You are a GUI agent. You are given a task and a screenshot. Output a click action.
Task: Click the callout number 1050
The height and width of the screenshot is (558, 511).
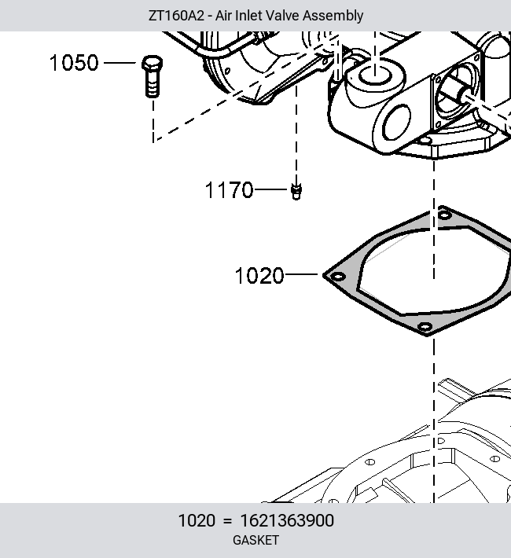pos(74,63)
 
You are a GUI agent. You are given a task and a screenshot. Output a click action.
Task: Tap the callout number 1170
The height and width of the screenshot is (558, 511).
pos(230,189)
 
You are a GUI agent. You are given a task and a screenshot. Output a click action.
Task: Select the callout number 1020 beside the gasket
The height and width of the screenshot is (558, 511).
pos(259,276)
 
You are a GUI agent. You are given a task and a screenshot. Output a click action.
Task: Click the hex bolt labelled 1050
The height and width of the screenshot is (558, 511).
pos(153,76)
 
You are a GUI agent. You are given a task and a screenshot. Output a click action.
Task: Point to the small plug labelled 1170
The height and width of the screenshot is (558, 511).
pos(296,192)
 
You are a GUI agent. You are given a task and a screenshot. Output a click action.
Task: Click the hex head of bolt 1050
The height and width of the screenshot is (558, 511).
pos(153,63)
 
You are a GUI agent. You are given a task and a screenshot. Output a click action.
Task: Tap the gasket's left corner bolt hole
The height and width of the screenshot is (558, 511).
pos(337,277)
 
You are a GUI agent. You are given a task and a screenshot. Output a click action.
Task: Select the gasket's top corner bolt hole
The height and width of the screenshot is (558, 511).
pos(444,215)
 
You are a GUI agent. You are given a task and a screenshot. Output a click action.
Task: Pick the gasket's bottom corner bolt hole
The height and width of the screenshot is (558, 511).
pos(425,326)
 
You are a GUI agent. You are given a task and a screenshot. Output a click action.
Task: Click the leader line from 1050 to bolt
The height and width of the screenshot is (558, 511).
pos(120,63)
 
